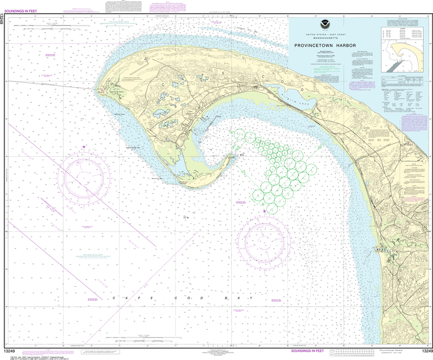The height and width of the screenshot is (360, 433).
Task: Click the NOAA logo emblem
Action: point(325,23)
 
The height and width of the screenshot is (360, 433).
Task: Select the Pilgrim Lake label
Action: point(303,96)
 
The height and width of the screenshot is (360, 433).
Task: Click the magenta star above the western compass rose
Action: point(84,147)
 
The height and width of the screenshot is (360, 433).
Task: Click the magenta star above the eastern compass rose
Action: point(265,210)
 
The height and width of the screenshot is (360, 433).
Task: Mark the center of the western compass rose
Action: point(84,173)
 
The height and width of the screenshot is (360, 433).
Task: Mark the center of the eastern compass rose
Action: point(264,241)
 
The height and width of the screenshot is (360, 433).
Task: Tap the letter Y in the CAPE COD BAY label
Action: point(252,298)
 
